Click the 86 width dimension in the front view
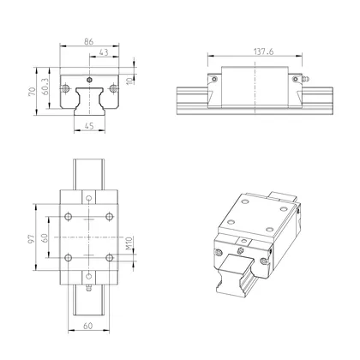click(x=89, y=41)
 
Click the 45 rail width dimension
click(x=89, y=129)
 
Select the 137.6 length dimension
click(x=254, y=51)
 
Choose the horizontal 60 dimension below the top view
click(x=89, y=325)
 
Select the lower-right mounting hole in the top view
click(x=108, y=256)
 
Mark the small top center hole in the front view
click(x=89, y=75)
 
